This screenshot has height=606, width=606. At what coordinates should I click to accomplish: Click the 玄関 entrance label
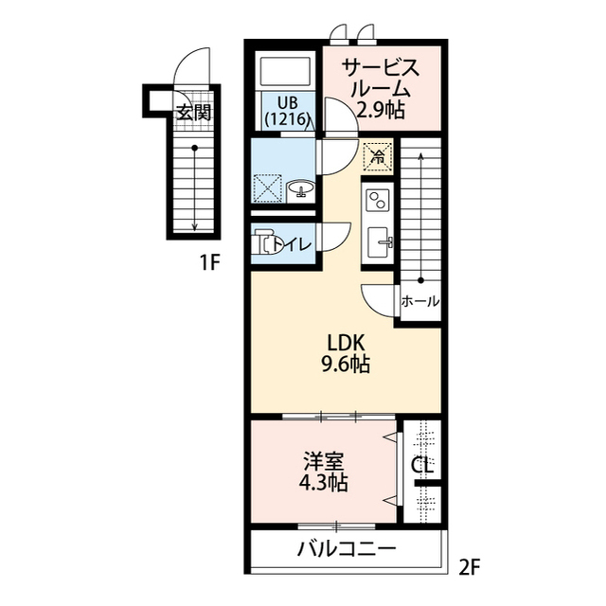click(192, 111)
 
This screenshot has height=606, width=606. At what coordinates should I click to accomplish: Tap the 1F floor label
click(209, 263)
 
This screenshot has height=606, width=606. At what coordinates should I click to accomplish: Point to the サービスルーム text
click(381, 79)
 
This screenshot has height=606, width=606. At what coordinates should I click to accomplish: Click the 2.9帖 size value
click(380, 110)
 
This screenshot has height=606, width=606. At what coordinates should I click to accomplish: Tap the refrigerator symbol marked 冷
click(377, 153)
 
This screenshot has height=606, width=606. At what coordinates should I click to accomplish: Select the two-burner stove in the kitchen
click(377, 201)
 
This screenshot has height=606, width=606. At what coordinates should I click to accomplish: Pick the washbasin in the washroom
click(301, 188)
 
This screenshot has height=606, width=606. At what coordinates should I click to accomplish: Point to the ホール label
click(419, 302)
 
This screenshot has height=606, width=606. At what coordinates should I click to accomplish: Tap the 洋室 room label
click(324, 462)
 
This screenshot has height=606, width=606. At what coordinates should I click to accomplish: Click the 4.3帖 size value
click(324, 484)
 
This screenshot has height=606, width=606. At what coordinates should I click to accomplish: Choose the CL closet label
click(422, 466)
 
